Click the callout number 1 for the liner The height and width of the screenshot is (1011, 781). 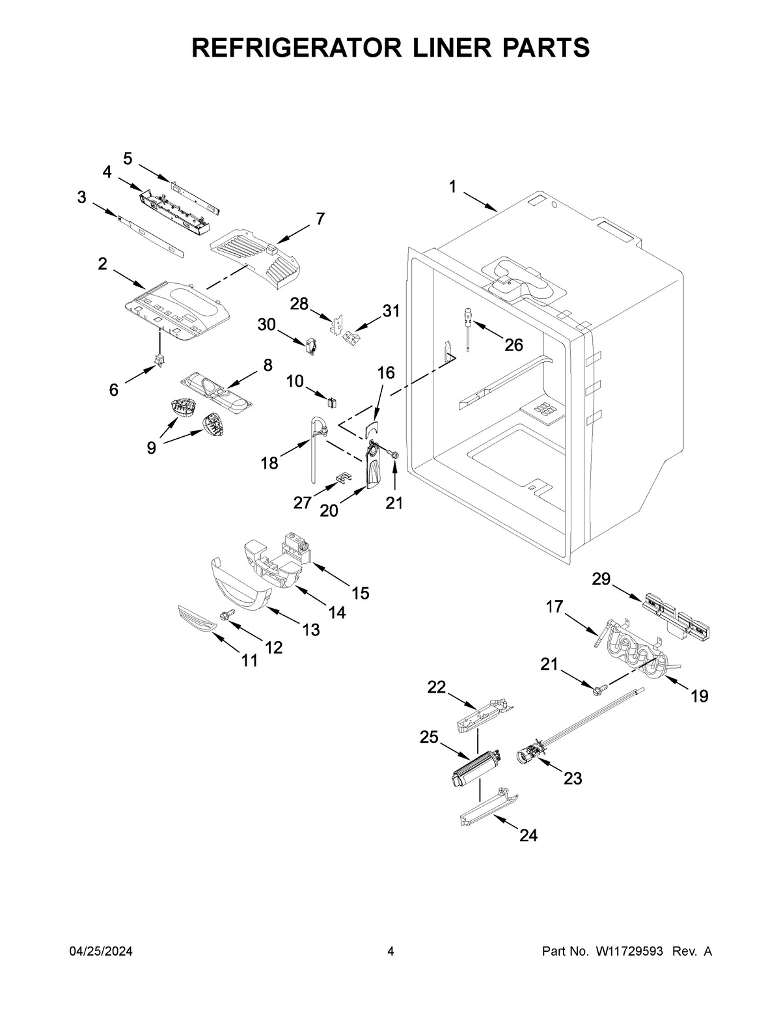click(x=452, y=187)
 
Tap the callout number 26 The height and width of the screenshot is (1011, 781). click(x=514, y=345)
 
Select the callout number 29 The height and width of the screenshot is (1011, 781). click(x=601, y=579)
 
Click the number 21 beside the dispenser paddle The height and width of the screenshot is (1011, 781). click(x=394, y=503)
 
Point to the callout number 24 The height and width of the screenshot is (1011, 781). click(x=528, y=835)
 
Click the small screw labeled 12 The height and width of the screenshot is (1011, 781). click(x=228, y=614)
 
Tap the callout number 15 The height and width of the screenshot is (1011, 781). click(x=360, y=593)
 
